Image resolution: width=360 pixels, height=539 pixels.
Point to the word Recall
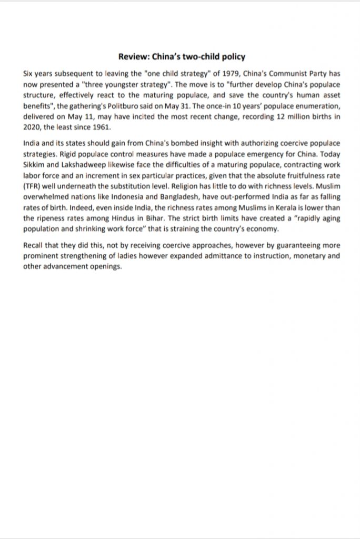pyautogui.click(x=35, y=245)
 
